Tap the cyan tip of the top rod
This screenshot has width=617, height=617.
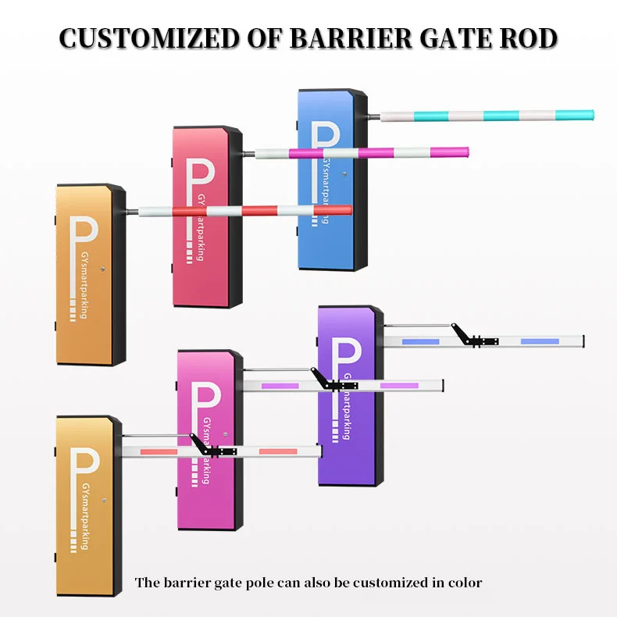pos(582,116)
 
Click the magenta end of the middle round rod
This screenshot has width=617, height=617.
pos(457,152)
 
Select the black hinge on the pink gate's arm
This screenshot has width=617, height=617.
pos(332,382)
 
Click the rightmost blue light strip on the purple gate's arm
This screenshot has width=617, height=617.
pos(540,341)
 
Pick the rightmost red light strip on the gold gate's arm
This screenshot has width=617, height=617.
pos(278,451)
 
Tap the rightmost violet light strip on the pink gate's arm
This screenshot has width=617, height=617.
pos(399,385)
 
